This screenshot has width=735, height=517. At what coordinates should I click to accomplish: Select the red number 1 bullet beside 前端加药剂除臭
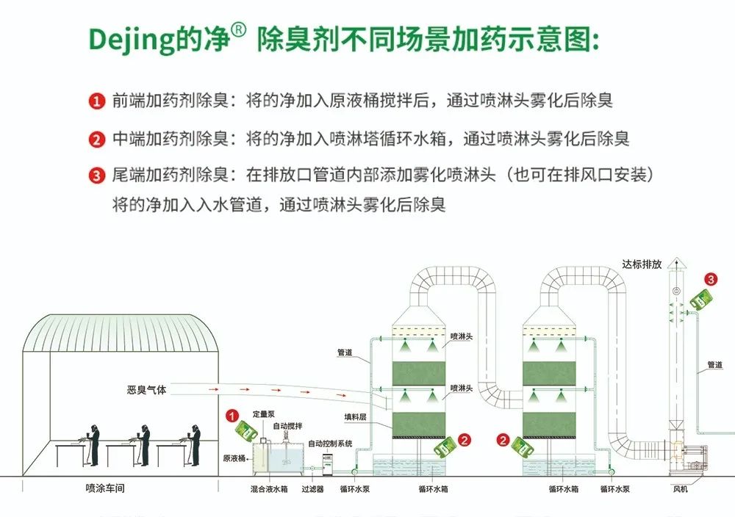tap(97, 101)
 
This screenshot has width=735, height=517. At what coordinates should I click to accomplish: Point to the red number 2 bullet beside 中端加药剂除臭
tap(97, 139)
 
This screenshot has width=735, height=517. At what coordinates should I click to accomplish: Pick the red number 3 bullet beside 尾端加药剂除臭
tap(97, 176)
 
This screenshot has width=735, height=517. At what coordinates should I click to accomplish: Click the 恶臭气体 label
tap(147, 390)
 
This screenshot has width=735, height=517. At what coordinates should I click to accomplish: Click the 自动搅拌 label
tap(287, 426)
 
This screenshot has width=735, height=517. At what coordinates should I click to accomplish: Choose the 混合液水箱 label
tap(268, 488)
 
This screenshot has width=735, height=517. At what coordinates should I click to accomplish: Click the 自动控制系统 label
tap(330, 444)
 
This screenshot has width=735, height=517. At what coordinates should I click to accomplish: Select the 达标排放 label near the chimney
tap(642, 264)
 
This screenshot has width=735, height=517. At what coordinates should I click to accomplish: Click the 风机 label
tap(680, 488)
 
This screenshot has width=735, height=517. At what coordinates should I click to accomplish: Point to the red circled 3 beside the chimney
tap(710, 279)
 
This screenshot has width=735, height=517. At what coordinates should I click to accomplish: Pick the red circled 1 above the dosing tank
tap(232, 416)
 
